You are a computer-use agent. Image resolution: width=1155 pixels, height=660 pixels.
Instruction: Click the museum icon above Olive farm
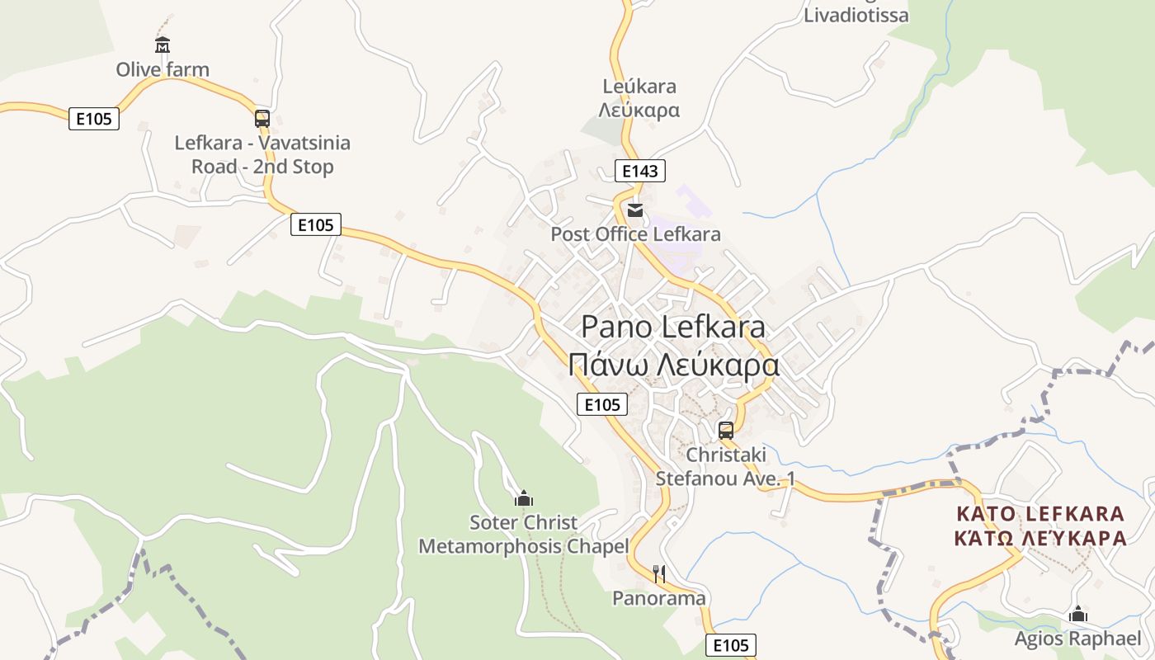(163, 45)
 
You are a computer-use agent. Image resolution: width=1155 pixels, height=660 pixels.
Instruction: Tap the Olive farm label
(163, 69)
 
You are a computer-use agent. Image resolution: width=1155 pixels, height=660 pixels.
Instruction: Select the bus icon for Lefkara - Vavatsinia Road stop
(262, 118)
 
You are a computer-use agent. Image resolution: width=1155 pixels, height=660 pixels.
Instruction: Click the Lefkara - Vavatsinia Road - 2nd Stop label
(262, 154)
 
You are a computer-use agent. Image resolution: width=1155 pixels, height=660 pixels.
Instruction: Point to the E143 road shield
(640, 171)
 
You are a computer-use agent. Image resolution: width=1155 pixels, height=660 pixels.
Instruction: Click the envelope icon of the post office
(634, 210)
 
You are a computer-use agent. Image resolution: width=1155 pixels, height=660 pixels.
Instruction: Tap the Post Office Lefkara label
(635, 234)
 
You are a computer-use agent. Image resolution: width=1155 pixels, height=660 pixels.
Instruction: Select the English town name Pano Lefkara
(673, 327)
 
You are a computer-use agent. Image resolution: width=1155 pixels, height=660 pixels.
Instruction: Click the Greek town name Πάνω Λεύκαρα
(673, 364)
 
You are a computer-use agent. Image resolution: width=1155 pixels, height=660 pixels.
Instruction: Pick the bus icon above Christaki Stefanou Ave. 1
(726, 430)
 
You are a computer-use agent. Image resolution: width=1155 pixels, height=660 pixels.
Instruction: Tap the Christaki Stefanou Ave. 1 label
(726, 466)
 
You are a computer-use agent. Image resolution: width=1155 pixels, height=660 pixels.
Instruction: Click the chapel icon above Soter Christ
(524, 498)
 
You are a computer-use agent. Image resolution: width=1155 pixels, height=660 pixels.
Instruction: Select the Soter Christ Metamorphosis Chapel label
(524, 535)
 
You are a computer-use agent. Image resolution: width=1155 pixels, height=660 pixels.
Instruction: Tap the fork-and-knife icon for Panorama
(658, 573)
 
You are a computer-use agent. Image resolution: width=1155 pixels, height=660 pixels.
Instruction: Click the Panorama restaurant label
(658, 598)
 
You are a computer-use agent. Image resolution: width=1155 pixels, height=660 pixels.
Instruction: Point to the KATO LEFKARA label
(1039, 514)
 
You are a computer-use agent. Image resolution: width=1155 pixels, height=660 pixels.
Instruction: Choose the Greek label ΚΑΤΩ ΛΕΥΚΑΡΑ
(1039, 539)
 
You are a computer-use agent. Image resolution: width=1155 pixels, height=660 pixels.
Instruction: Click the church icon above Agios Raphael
(1077, 615)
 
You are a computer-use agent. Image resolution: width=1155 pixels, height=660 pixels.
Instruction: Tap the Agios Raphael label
(1077, 639)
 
